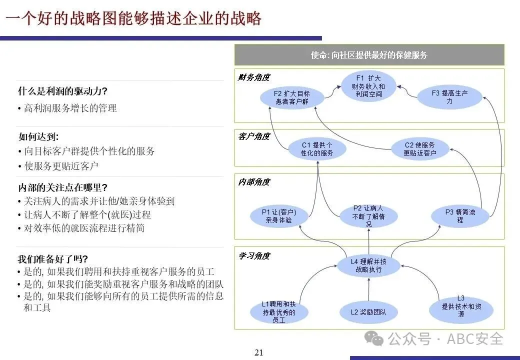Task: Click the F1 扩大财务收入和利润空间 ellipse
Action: (368, 86)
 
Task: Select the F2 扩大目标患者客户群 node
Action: (292, 97)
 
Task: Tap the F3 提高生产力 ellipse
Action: (449, 97)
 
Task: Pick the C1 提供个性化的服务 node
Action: (316, 149)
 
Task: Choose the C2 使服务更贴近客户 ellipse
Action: (419, 149)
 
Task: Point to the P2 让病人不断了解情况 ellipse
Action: (368, 216)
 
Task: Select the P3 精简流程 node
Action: (460, 216)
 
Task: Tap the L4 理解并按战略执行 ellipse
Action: (368, 265)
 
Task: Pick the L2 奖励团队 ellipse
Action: (368, 312)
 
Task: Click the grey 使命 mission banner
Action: (369, 55)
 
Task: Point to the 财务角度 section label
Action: (254, 77)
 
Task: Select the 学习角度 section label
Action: (254, 256)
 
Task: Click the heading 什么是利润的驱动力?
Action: (63, 91)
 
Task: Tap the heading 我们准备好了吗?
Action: (53, 259)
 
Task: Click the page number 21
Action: (258, 352)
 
